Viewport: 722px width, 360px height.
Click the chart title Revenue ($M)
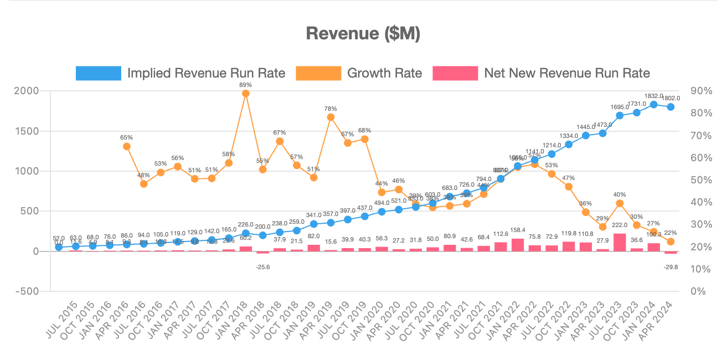coord(363,34)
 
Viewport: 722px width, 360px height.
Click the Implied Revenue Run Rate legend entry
coord(206,73)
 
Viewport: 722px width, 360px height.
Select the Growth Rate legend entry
coord(384,73)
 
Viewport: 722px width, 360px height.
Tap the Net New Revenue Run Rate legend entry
coord(566,73)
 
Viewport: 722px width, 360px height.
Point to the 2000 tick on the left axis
coord(29,91)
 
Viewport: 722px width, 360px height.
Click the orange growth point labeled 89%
coord(246,94)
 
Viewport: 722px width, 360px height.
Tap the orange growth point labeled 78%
coord(331,117)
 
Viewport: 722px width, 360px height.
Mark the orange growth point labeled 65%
coord(127,146)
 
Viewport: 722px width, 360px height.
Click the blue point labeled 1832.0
coord(653,105)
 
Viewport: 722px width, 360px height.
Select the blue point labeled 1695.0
coord(620,115)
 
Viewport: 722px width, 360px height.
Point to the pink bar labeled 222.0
coord(620,243)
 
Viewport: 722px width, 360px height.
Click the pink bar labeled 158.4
coord(518,245)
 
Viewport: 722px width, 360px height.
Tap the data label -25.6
coord(262,267)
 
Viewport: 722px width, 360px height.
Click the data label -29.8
coord(671,268)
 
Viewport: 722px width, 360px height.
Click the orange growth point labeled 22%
coord(671,242)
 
